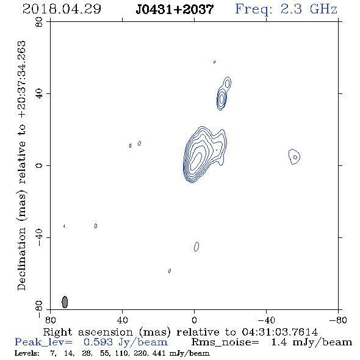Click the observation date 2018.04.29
coord(62,9)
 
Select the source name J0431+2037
coord(175,9)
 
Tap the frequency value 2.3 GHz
coord(309,9)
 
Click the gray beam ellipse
coord(65,302)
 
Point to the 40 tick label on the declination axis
coord(39,94)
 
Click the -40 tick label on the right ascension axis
coord(266,320)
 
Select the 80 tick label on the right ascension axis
coord(50,320)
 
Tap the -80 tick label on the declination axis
coord(39,309)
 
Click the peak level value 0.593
coord(98,342)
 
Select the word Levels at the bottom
coord(27,353)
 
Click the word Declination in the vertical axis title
coord(21,259)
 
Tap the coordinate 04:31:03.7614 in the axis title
coord(279,332)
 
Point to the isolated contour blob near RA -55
coord(294,157)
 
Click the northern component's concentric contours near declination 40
coord(221,99)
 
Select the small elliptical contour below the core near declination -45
coord(196,247)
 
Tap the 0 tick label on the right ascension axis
coord(194,320)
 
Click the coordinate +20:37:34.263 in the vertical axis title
coord(21,79)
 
